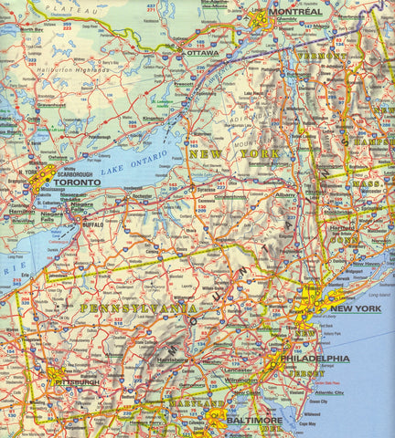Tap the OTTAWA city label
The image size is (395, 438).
tap(203, 53)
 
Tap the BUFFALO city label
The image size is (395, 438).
tap(93, 223)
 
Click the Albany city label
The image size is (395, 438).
tap(286, 195)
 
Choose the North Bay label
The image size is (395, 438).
tap(32, 29)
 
